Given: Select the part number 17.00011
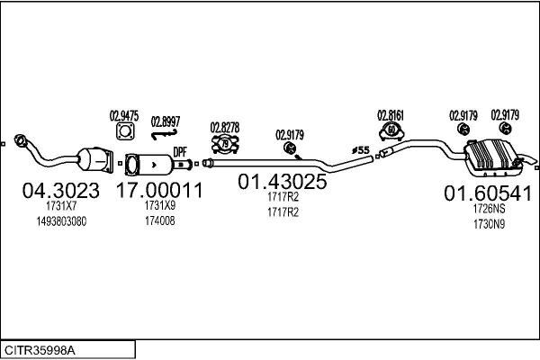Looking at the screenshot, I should [158, 190].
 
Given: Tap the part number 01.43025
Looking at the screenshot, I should [282, 181].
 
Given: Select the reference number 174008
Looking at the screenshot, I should [159, 220].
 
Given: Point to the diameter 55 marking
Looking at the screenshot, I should [361, 149].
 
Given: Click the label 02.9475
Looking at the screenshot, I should [124, 115].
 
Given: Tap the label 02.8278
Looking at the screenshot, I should [224, 127].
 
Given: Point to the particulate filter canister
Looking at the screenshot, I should [153, 166].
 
